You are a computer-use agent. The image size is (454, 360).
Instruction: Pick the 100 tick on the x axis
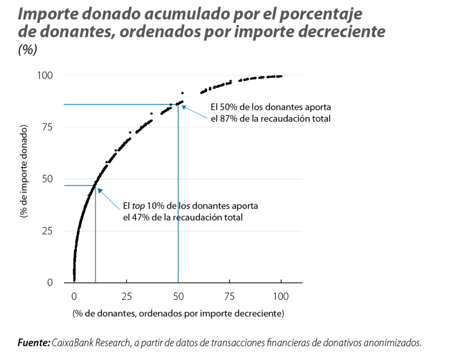pyautogui.click(x=281, y=297)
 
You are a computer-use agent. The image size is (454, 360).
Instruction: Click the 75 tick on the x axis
pyautogui.click(x=230, y=297)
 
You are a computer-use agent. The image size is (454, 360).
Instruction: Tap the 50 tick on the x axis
pyautogui.click(x=178, y=297)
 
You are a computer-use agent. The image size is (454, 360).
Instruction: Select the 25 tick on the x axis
pyautogui.click(x=126, y=297)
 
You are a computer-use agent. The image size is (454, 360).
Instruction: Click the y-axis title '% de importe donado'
pyautogui.click(x=24, y=171)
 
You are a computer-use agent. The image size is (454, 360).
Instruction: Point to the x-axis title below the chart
pyautogui.click(x=178, y=313)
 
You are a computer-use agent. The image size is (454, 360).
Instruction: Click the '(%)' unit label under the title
pyautogui.click(x=27, y=49)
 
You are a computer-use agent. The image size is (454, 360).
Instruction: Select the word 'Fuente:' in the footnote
pyautogui.click(x=34, y=343)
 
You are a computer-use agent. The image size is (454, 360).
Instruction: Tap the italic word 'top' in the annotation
pyautogui.click(x=139, y=206)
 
